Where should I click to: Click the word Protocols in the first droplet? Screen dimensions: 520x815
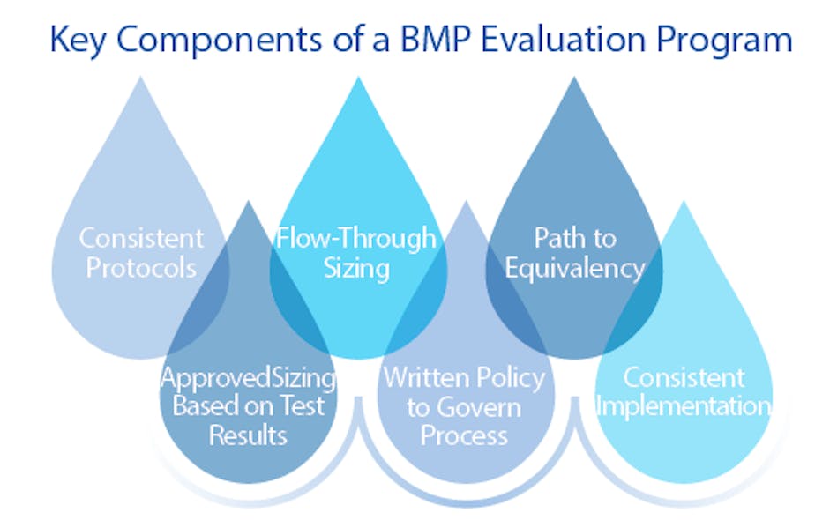141,267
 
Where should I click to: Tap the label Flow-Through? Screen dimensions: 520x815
356,238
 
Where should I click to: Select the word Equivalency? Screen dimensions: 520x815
575,267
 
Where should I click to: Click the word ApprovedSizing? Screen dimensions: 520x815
248,378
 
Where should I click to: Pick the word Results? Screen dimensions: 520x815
249,435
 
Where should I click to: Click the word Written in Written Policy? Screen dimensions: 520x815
422,378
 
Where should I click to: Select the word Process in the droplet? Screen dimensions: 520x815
464,435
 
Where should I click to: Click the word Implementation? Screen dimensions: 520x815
684,406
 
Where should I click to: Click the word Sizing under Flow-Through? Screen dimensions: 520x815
356,267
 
